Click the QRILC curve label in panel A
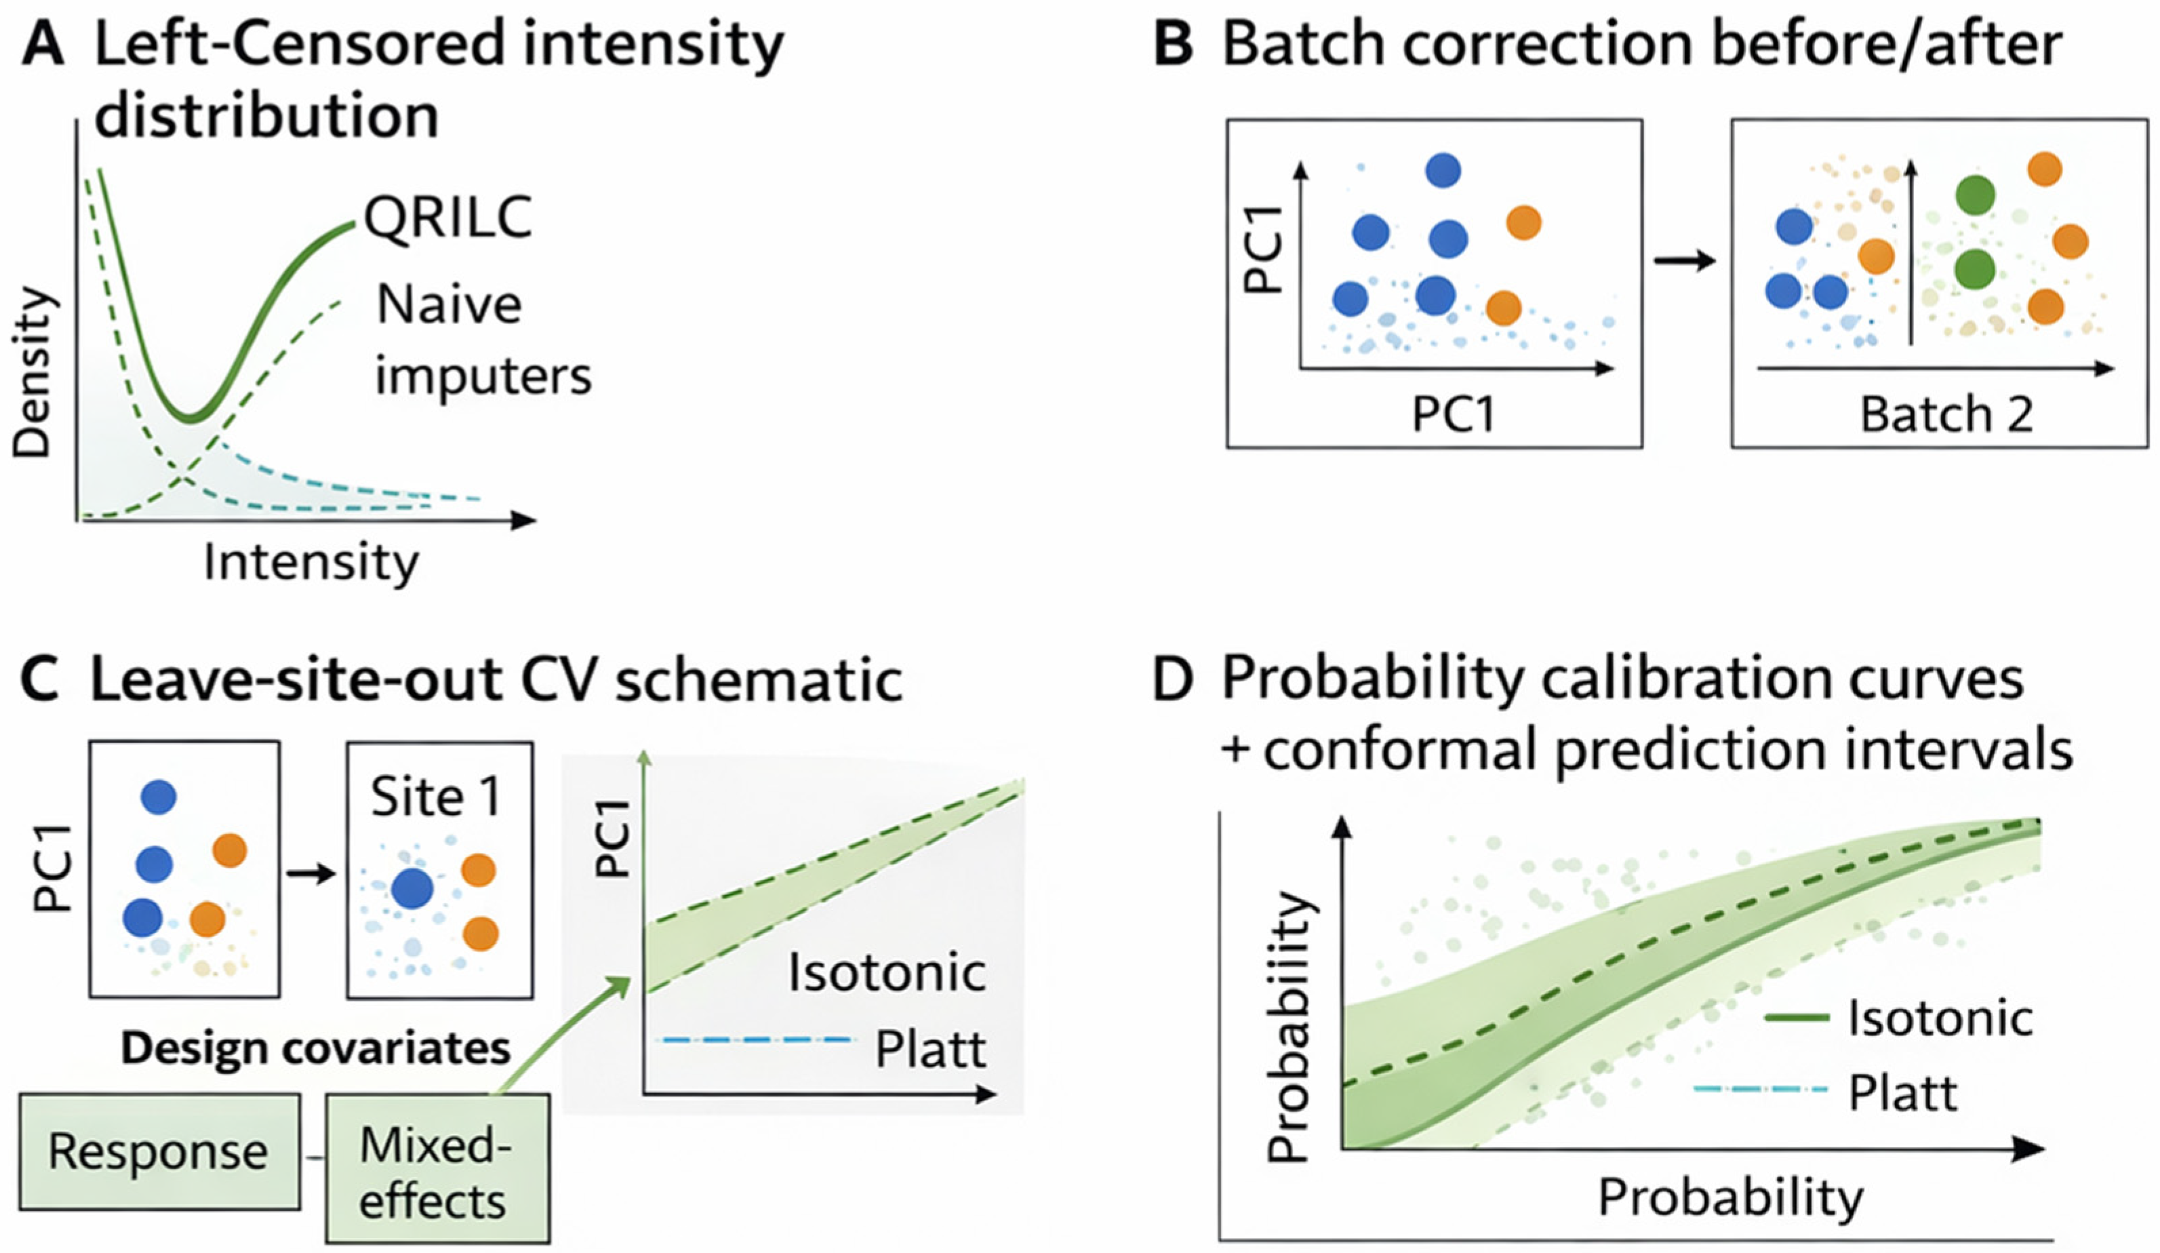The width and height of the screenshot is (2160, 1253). click(x=448, y=217)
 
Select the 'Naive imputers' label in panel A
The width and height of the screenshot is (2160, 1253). click(x=483, y=340)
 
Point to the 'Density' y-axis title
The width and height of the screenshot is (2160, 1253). click(x=35, y=372)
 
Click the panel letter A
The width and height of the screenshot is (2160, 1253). click(x=43, y=45)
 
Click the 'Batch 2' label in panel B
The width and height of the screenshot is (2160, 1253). click(x=1946, y=415)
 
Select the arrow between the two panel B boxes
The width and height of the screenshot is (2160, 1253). click(x=1685, y=260)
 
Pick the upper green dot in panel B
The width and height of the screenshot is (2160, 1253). click(x=1975, y=195)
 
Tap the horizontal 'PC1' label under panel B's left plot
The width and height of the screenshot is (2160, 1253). click(x=1454, y=415)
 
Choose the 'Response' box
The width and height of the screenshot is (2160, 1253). click(x=159, y=1151)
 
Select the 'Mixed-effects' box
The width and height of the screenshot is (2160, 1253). click(x=437, y=1168)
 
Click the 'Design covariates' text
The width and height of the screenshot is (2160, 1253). click(x=315, y=1048)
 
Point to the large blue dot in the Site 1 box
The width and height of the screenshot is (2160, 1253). click(x=412, y=889)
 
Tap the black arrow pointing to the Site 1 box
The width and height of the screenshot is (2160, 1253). click(x=311, y=874)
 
